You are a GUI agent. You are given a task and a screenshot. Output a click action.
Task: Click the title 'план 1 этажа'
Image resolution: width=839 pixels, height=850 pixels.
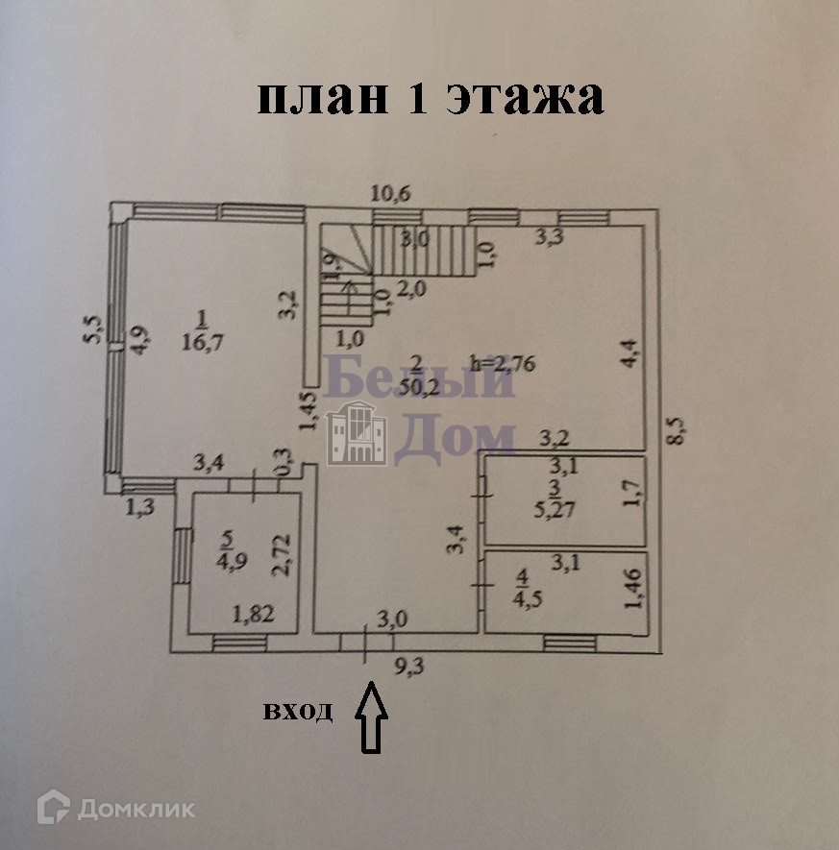[x=430, y=98]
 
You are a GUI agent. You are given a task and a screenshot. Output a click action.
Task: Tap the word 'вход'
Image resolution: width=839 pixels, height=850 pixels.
[x=299, y=712]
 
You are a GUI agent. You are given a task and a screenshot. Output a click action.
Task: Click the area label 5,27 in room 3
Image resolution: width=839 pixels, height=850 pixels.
[x=557, y=508]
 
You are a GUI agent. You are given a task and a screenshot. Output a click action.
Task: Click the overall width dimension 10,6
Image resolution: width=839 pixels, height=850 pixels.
[x=391, y=193]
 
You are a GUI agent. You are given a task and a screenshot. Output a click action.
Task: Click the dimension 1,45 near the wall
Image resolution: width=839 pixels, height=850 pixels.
[x=308, y=409]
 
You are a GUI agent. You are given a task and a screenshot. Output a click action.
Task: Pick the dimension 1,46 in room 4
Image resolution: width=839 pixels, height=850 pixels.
[x=631, y=589]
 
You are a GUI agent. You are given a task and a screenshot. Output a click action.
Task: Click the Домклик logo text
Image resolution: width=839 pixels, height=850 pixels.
[x=136, y=808]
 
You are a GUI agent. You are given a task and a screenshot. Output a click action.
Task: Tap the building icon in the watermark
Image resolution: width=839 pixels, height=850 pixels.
[x=357, y=434]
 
